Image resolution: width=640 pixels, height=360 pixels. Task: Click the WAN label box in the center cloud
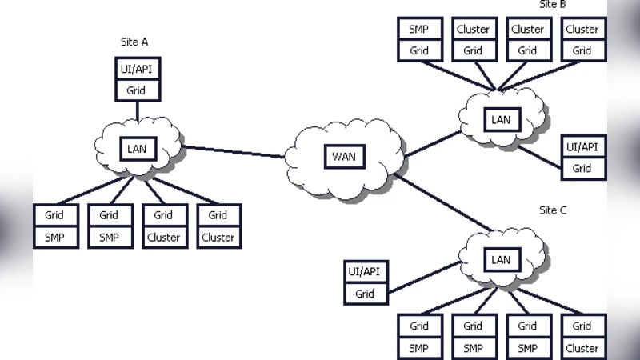[344, 156]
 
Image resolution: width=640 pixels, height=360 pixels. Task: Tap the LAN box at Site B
[501, 120]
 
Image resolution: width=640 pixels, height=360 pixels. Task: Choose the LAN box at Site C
[501, 259]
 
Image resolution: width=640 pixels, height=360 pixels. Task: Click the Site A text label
[134, 42]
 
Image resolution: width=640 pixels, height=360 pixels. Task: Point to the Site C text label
[553, 210]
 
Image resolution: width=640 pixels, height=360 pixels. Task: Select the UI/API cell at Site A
[136, 69]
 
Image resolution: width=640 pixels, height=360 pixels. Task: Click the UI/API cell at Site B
[582, 147]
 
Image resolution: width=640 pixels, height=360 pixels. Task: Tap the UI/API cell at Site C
[365, 272]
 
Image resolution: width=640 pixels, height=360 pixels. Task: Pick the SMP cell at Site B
[419, 29]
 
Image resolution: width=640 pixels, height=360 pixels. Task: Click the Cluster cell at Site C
[582, 348]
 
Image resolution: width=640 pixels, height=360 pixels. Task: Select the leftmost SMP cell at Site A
[54, 237]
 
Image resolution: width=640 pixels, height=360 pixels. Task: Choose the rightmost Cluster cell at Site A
[218, 237]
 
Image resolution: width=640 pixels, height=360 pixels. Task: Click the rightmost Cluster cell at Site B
[582, 29]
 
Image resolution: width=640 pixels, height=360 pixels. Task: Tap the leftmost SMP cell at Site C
[419, 348]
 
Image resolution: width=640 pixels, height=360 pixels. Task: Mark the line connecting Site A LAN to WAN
[234, 151]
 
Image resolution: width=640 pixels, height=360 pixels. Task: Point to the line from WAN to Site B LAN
[432, 145]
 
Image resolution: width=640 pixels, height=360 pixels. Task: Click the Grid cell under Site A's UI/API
[136, 90]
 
